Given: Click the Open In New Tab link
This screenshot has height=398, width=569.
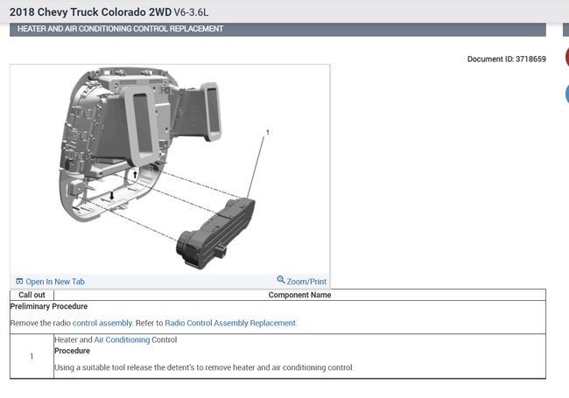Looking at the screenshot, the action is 50,282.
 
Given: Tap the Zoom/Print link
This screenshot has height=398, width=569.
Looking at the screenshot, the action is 301,281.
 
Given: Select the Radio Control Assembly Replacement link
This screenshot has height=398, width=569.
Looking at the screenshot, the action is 230,323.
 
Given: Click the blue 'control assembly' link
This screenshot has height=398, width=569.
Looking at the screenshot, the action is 102,323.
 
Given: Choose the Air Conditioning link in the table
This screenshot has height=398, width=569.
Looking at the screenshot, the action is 122,339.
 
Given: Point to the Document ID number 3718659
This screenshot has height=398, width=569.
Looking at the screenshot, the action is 530,59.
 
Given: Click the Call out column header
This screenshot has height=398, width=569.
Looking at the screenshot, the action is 32,295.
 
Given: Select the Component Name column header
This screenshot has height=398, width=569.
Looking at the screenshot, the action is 299,295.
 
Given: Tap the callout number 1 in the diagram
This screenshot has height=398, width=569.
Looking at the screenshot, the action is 268,133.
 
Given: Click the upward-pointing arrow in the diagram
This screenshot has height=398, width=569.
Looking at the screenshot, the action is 135,174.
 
